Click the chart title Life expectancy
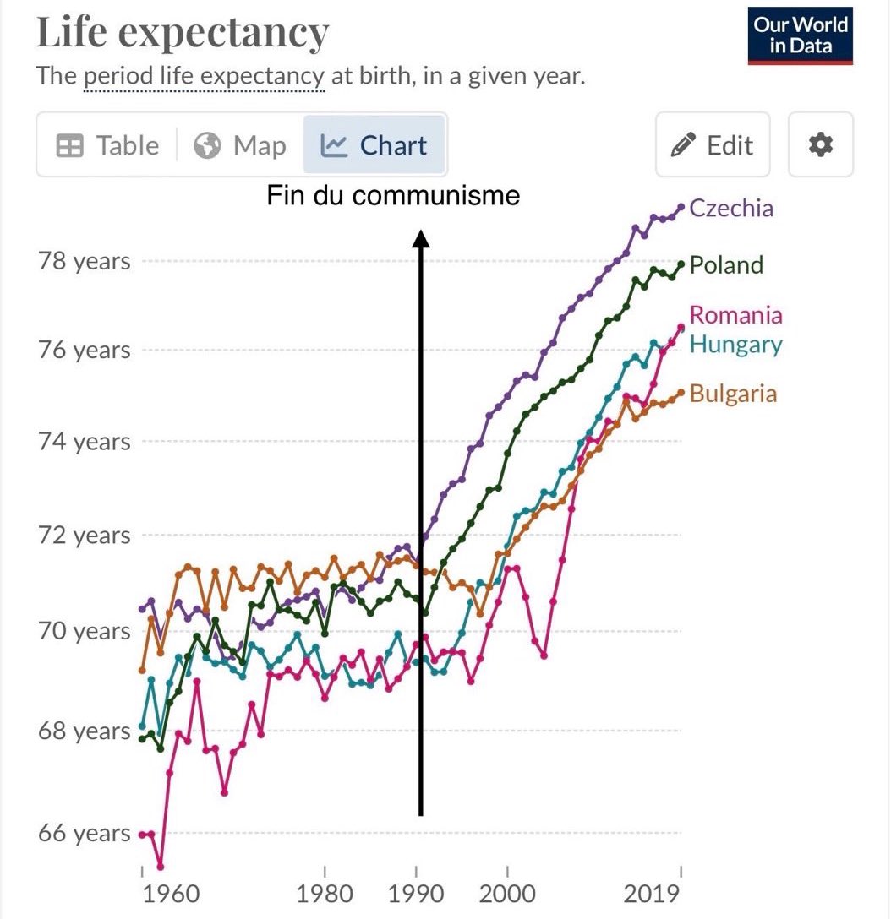click(x=182, y=34)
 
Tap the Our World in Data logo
click(x=800, y=35)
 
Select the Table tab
click(x=107, y=145)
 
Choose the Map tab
click(x=239, y=145)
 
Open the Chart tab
click(x=374, y=145)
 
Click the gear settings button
click(x=820, y=145)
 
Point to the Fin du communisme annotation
click(x=393, y=196)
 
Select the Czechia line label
click(x=731, y=208)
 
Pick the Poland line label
click(x=726, y=265)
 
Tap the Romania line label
click(x=735, y=315)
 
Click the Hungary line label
click(x=735, y=345)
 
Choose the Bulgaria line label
click(x=733, y=394)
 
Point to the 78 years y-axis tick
click(x=85, y=261)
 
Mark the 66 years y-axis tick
click(x=85, y=834)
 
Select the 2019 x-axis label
click(x=653, y=894)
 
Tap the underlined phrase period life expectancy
click(x=204, y=77)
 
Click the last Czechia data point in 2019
click(x=681, y=207)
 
